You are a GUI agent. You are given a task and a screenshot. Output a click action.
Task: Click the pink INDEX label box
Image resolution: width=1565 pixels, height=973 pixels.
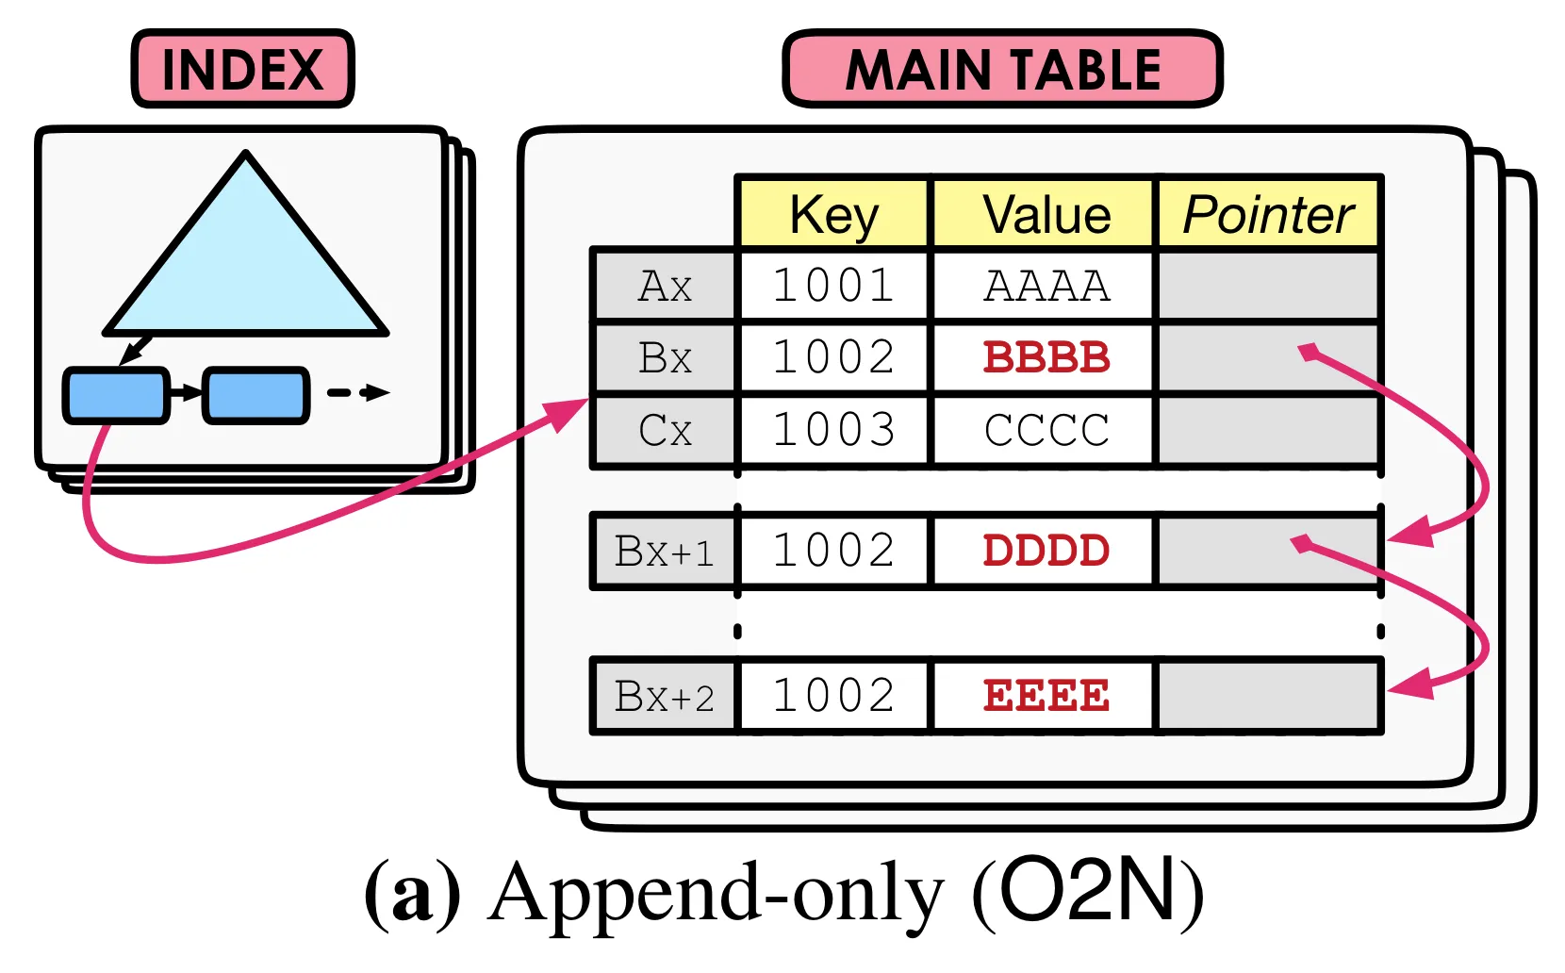tap(242, 69)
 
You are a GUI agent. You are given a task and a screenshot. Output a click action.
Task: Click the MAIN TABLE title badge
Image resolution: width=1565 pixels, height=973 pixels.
tap(1002, 69)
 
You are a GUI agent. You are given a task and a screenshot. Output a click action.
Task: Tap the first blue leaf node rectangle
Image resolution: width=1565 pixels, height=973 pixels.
tap(115, 395)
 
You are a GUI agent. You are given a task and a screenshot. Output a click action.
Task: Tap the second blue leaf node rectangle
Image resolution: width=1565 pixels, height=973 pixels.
tap(255, 395)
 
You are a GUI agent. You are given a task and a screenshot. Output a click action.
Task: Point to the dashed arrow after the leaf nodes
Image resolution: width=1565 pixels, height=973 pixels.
tap(358, 393)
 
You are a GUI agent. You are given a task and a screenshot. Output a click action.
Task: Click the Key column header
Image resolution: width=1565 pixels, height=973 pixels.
tap(833, 214)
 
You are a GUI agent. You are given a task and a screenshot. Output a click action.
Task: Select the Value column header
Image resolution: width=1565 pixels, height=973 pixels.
tap(1046, 214)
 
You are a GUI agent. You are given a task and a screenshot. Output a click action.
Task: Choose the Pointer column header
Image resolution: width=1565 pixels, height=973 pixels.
tap(1268, 214)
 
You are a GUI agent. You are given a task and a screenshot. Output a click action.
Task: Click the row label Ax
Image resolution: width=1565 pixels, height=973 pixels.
tap(665, 286)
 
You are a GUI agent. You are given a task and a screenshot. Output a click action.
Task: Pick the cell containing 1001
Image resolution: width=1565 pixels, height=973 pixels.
tap(833, 286)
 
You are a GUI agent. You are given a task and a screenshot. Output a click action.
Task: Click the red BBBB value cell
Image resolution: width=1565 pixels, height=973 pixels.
tap(1046, 357)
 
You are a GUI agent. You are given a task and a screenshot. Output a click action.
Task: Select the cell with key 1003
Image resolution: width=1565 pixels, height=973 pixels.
tap(833, 430)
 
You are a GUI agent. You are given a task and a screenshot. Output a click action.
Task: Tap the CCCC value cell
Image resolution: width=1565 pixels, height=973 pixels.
tap(1046, 430)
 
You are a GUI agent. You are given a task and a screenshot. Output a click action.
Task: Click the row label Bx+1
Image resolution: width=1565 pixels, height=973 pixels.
tap(665, 552)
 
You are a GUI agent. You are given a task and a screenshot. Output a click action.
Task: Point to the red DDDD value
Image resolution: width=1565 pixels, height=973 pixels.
tap(1046, 551)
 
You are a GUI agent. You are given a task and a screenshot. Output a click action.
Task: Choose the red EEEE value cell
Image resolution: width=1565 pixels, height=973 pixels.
tap(1046, 697)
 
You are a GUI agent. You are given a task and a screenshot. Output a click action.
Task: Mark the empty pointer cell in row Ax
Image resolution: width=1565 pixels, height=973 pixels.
tap(1268, 286)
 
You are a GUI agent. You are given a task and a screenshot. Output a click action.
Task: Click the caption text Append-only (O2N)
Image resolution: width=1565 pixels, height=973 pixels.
tap(783, 893)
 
